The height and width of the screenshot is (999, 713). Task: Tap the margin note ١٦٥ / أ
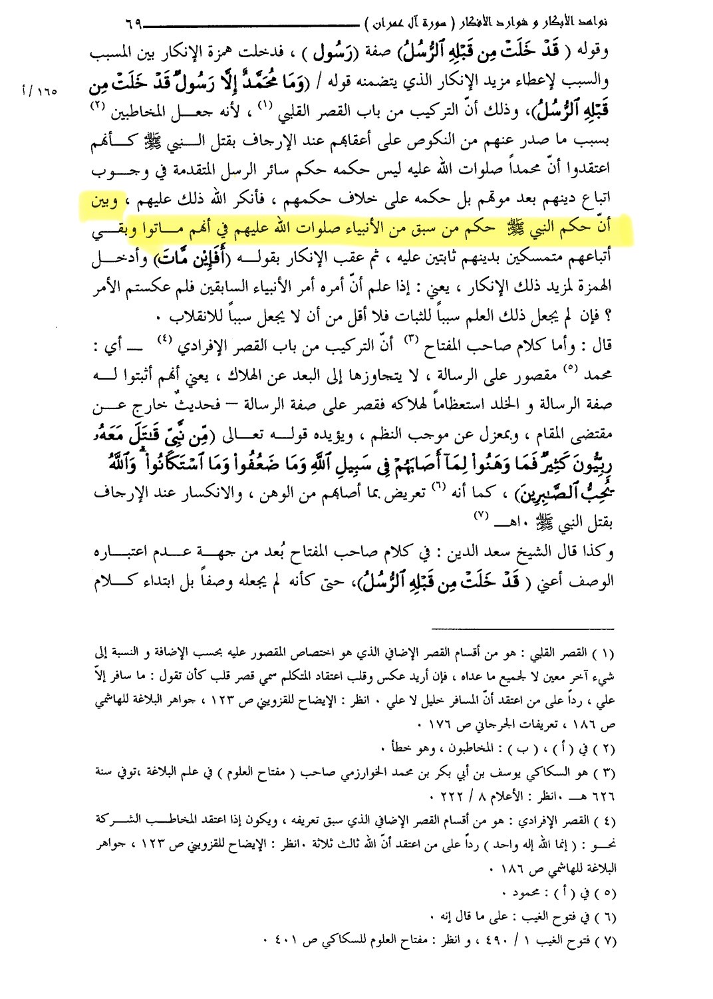40,91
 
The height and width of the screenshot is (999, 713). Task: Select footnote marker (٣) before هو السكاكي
603,774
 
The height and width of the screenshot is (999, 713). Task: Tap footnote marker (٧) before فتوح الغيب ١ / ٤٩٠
603,940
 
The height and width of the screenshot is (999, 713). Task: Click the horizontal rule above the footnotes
522,629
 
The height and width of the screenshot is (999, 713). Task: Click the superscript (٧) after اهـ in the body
481,515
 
